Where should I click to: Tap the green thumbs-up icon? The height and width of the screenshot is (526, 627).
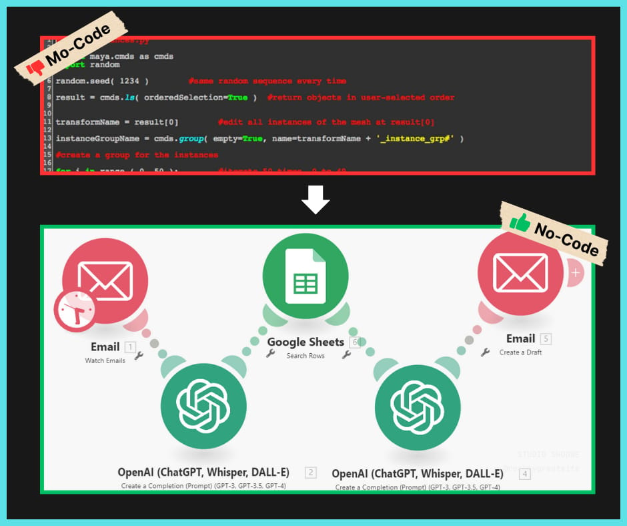(x=520, y=222)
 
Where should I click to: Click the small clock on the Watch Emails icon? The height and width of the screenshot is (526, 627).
(x=75, y=309)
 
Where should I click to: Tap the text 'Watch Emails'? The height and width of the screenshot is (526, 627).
(x=105, y=360)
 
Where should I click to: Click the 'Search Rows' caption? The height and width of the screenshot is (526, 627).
(x=305, y=355)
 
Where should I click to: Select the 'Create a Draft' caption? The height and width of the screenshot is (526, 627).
(x=521, y=352)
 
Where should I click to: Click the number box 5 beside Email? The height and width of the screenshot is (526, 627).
(x=546, y=338)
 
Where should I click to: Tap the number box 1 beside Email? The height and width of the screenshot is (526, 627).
(x=130, y=346)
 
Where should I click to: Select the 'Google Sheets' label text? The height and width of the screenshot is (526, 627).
(x=305, y=342)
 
